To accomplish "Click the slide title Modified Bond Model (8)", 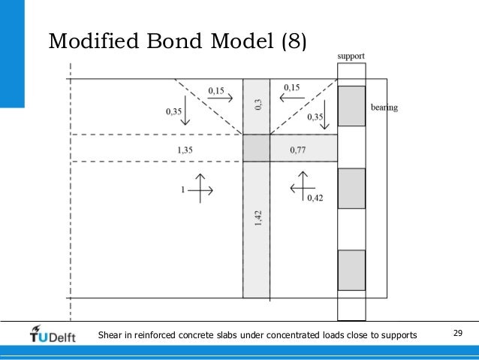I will (x=177, y=41).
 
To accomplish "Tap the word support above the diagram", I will (x=351, y=56).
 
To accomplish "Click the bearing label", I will (x=384, y=107).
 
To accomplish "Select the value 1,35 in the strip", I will (x=185, y=150).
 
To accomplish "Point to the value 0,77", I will (x=298, y=150).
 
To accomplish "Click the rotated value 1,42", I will (x=257, y=218).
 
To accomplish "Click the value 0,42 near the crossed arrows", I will (x=315, y=198).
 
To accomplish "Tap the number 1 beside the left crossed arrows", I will (x=182, y=191).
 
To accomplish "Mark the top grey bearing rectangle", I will (x=351, y=106).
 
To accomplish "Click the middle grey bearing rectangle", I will (x=351, y=188).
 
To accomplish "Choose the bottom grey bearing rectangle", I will (x=351, y=270).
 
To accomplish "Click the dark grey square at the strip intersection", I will (x=256, y=148).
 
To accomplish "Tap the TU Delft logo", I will (x=53, y=334).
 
